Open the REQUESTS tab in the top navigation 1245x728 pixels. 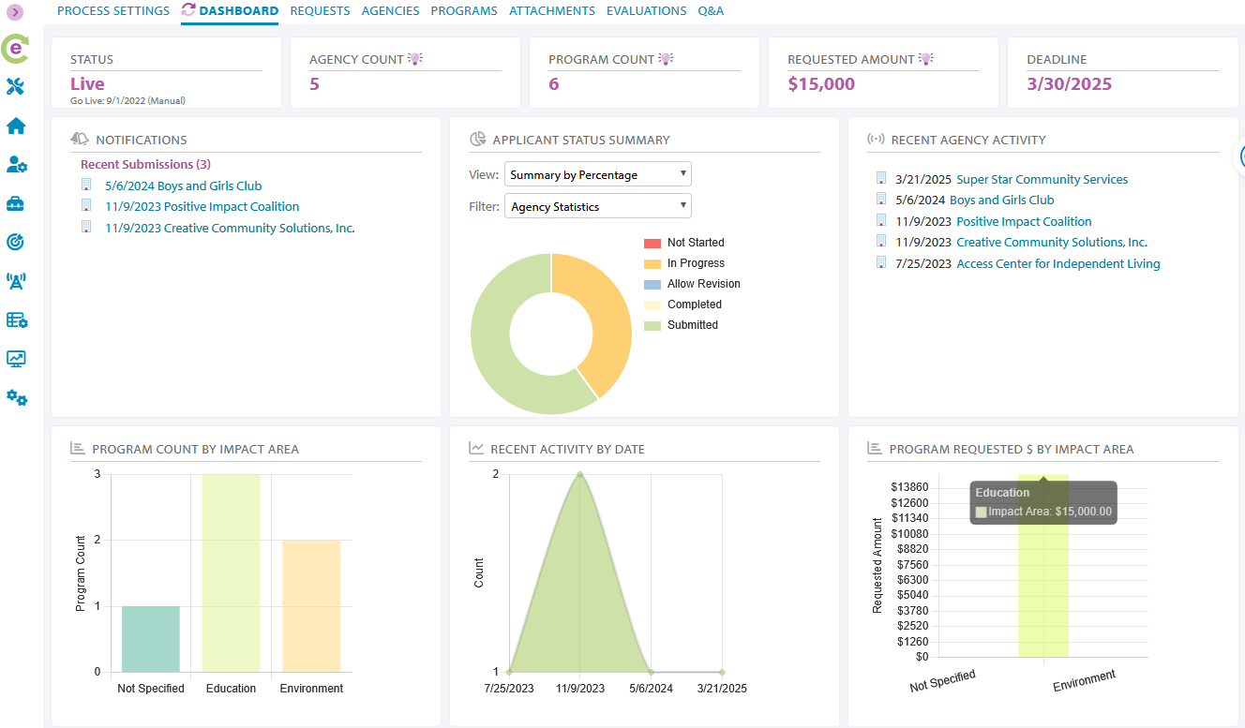click(x=320, y=11)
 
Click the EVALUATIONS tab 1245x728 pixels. click(x=646, y=11)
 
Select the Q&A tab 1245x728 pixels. click(x=711, y=11)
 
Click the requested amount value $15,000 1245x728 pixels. click(x=821, y=84)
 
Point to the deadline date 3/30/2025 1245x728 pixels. click(x=1069, y=84)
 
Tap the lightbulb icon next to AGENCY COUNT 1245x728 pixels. click(x=414, y=59)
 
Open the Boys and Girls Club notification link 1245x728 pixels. click(x=183, y=186)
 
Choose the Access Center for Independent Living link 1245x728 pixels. click(x=1057, y=264)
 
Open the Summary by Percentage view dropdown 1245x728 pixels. click(x=597, y=175)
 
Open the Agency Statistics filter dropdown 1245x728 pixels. click(x=597, y=207)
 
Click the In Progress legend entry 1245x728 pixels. click(x=695, y=263)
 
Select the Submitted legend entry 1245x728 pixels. click(x=692, y=325)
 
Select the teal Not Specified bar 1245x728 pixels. click(x=150, y=639)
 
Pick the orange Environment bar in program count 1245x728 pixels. click(x=311, y=605)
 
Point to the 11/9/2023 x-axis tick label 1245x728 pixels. click(x=579, y=689)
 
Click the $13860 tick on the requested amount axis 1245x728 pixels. click(x=910, y=487)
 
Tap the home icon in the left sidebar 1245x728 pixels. click(x=16, y=126)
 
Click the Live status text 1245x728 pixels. click(x=87, y=84)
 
